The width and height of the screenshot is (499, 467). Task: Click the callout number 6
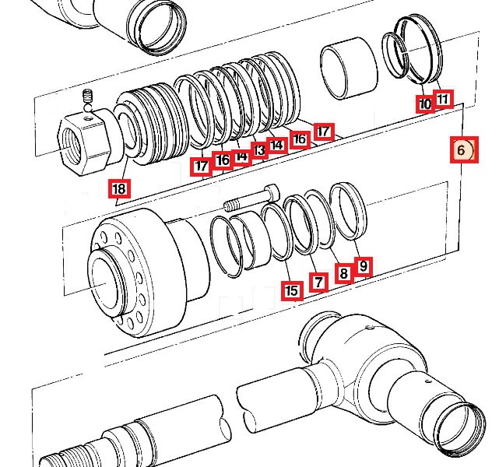462,149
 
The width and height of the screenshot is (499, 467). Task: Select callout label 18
118,188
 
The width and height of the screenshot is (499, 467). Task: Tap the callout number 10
425,103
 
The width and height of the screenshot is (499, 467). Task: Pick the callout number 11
443,99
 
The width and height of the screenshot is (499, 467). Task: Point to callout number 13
259,149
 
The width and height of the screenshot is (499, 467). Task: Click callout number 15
292,291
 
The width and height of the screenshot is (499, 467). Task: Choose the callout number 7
318,281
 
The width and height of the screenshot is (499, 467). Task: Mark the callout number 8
343,272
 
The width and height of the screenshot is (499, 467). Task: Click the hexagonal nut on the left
83,140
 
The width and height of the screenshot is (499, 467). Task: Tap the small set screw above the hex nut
88,98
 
